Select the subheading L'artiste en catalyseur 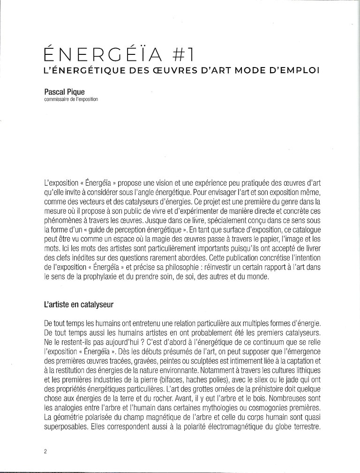click(x=79, y=304)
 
